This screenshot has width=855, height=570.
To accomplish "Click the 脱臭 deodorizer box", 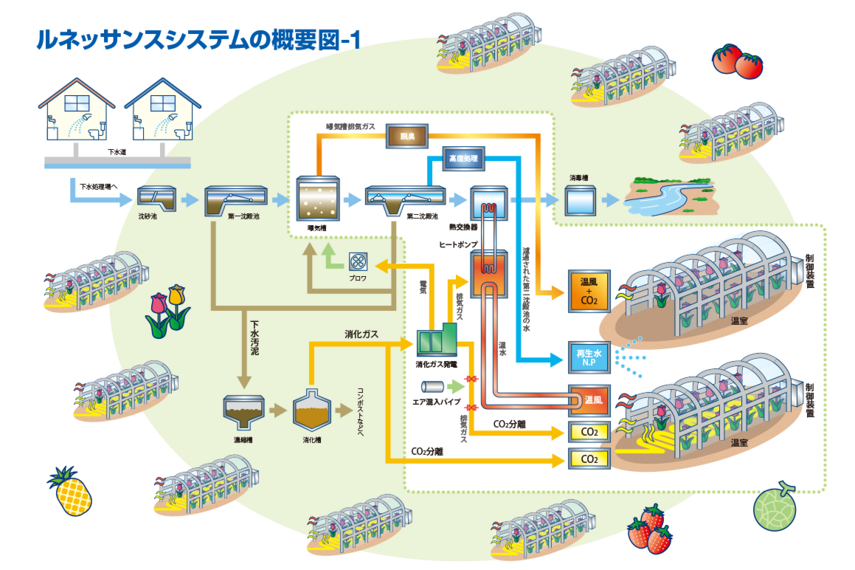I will coord(407,136).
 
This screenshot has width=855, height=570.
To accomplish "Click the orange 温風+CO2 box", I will coord(589,290).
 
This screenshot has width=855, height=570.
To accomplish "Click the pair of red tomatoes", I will coord(736,60).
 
